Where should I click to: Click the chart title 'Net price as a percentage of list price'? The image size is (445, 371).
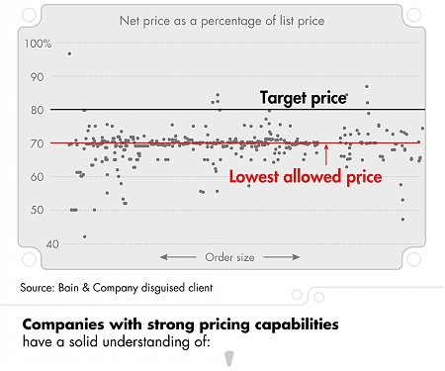(x=222, y=20)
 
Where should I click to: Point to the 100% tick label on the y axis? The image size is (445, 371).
(x=38, y=44)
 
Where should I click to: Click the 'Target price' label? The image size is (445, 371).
(x=304, y=98)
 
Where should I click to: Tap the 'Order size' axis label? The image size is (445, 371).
(x=229, y=257)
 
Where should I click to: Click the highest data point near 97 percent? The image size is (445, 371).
(x=68, y=53)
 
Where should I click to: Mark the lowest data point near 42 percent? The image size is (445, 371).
(x=84, y=236)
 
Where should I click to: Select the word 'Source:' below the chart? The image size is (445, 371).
(x=39, y=288)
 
